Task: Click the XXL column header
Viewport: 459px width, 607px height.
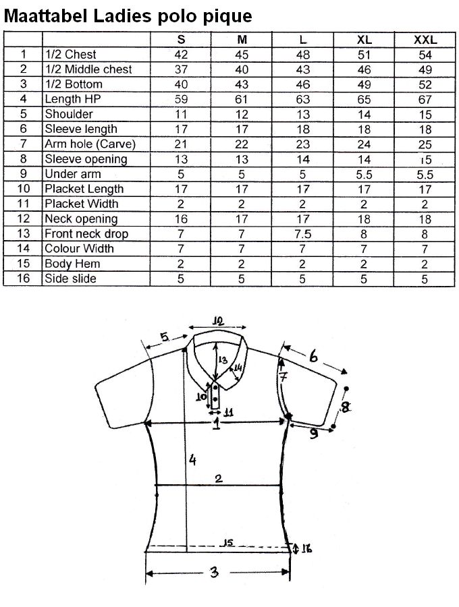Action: pyautogui.click(x=425, y=40)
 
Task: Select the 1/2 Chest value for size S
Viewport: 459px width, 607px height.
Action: pyautogui.click(x=181, y=55)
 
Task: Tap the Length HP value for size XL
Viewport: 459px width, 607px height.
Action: pyautogui.click(x=364, y=100)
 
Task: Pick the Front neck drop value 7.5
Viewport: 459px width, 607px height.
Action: pyautogui.click(x=302, y=234)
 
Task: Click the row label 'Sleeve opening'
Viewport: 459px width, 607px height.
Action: pyautogui.click(x=86, y=159)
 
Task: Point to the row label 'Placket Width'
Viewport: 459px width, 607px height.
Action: pyautogui.click(x=82, y=204)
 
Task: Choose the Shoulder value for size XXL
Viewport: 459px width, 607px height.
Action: pyautogui.click(x=425, y=115)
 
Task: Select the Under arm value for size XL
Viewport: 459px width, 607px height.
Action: pyautogui.click(x=364, y=175)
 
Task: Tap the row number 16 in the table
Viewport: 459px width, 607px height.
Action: pyautogui.click(x=23, y=279)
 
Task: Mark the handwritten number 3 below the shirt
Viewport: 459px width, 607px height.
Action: pyautogui.click(x=214, y=571)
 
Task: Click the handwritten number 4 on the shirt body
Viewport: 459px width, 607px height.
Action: pyautogui.click(x=192, y=460)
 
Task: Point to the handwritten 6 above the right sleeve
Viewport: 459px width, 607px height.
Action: pyautogui.click(x=313, y=355)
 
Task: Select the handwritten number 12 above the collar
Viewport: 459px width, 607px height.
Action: pyautogui.click(x=218, y=321)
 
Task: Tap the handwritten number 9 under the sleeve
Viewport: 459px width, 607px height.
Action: pyautogui.click(x=313, y=433)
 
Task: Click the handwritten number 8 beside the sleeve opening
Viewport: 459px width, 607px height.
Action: pyautogui.click(x=345, y=407)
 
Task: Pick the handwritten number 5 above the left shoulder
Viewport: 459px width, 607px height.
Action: pyautogui.click(x=165, y=337)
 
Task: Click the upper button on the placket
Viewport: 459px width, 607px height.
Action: pyautogui.click(x=215, y=387)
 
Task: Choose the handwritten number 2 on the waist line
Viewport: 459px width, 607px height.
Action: pyautogui.click(x=219, y=478)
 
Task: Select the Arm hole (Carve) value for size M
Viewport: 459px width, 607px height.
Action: pyautogui.click(x=242, y=144)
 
